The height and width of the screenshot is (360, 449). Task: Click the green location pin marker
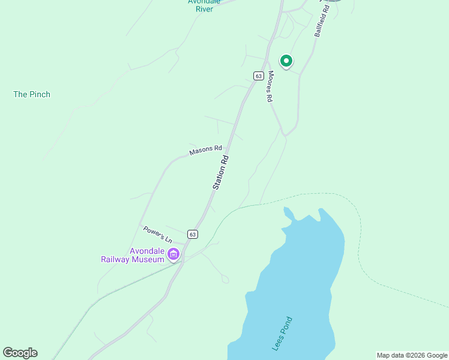pos(286,61)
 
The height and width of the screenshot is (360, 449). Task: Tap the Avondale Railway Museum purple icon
pos(174,254)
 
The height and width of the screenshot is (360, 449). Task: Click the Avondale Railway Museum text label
pos(132,255)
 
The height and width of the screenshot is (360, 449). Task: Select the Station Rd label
pos(221,173)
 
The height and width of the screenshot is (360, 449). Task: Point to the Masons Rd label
pos(206,150)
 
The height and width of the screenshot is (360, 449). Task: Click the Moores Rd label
pos(271,86)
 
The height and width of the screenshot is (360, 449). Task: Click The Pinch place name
pos(32,94)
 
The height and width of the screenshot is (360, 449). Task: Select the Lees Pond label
pos(282,334)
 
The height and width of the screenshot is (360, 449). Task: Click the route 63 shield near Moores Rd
pos(258,76)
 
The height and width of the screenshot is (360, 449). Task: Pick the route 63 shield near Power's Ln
pos(191,234)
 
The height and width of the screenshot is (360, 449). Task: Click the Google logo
pos(20,353)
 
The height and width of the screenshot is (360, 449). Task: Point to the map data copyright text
pos(412,355)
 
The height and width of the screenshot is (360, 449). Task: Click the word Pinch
pos(40,94)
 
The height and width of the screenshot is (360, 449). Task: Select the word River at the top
pos(204,10)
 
